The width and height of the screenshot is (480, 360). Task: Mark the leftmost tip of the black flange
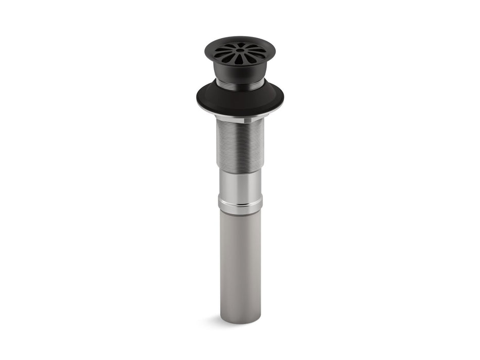(x=197, y=98)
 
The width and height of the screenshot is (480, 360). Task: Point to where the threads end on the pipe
(x=240, y=169)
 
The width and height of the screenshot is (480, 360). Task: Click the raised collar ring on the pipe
(x=240, y=205)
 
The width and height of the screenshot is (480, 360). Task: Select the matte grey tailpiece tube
(x=240, y=262)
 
